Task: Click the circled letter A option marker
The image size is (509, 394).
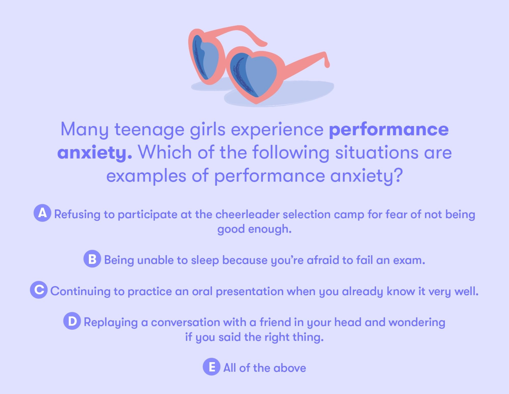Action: click(42, 213)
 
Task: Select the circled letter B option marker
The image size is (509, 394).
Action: click(92, 259)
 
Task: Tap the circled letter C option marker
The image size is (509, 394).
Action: click(39, 290)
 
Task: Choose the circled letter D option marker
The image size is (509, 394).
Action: click(72, 321)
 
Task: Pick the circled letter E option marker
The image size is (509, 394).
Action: click(211, 367)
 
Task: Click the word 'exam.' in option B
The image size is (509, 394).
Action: click(409, 260)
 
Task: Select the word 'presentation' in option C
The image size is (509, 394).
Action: click(250, 291)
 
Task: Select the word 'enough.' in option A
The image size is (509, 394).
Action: click(270, 229)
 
